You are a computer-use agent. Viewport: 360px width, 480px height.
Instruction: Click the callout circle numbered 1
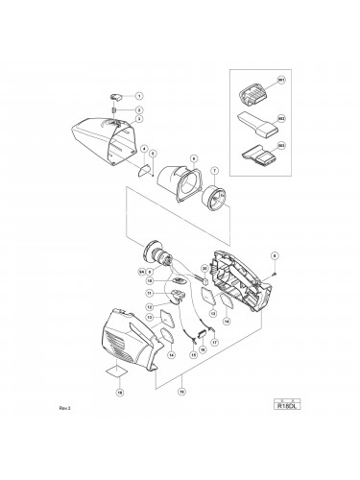pos(138,96)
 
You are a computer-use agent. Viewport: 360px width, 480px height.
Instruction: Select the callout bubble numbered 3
pos(138,119)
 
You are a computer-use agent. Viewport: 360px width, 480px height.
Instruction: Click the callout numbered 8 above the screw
pos(276,255)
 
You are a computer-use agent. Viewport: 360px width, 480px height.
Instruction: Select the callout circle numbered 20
pos(204,268)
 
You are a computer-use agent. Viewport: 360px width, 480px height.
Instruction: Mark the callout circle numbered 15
pos(194,354)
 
